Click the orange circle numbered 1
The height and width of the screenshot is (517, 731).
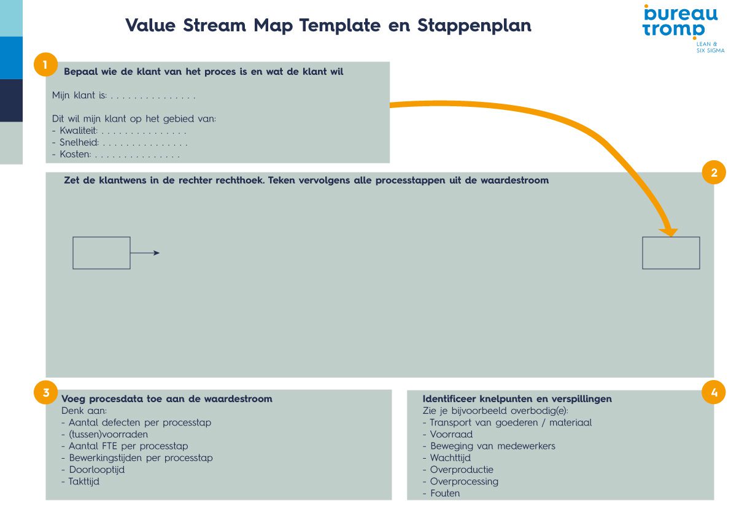tap(45, 64)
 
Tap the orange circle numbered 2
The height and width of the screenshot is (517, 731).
tap(713, 173)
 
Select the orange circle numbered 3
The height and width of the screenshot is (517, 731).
tap(45, 392)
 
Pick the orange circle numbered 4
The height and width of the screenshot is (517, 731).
tap(713, 392)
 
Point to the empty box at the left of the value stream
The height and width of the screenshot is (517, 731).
tap(101, 253)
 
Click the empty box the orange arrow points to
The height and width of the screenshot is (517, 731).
tap(671, 253)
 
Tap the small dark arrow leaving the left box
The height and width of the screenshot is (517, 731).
tap(145, 253)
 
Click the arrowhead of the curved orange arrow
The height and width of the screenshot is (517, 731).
tap(668, 231)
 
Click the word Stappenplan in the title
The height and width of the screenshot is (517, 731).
tap(474, 26)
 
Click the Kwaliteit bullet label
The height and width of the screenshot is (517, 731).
tap(79, 131)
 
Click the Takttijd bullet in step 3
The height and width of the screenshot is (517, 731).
tap(83, 481)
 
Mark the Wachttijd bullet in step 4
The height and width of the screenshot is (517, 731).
tap(450, 457)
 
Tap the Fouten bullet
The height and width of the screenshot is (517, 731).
tap(444, 493)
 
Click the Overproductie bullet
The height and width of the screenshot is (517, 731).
tap(461, 470)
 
